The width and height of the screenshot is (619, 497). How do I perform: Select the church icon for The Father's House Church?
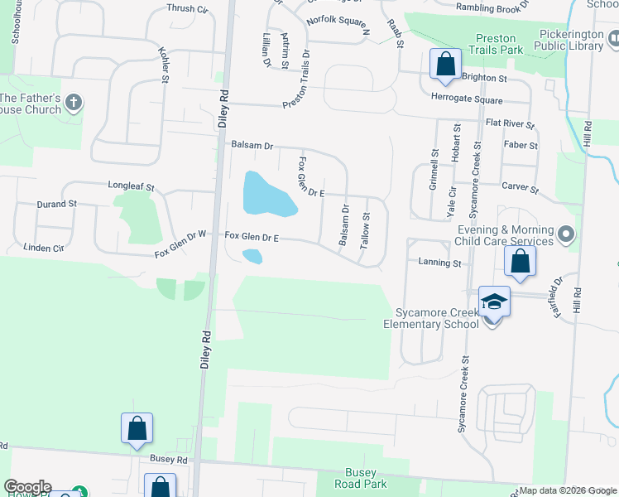pos(74,104)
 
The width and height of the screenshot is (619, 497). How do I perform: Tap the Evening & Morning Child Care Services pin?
pos(566,235)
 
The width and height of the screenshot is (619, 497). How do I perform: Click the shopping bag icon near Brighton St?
pos(445,64)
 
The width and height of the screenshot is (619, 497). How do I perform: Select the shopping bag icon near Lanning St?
pos(520,261)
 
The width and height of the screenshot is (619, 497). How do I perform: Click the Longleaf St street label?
pos(131,187)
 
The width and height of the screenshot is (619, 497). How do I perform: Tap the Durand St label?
pos(56,203)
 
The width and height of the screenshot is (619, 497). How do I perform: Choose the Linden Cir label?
pos(44,248)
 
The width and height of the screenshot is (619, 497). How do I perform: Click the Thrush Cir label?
pos(187,8)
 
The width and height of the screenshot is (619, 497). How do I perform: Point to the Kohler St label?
pos(163,64)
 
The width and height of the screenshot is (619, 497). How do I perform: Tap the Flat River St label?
pos(511,124)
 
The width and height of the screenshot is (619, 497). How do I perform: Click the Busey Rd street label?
pos(169,458)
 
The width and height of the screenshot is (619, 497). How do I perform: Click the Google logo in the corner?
pos(27,487)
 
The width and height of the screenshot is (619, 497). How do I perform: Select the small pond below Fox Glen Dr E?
pos(252,257)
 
